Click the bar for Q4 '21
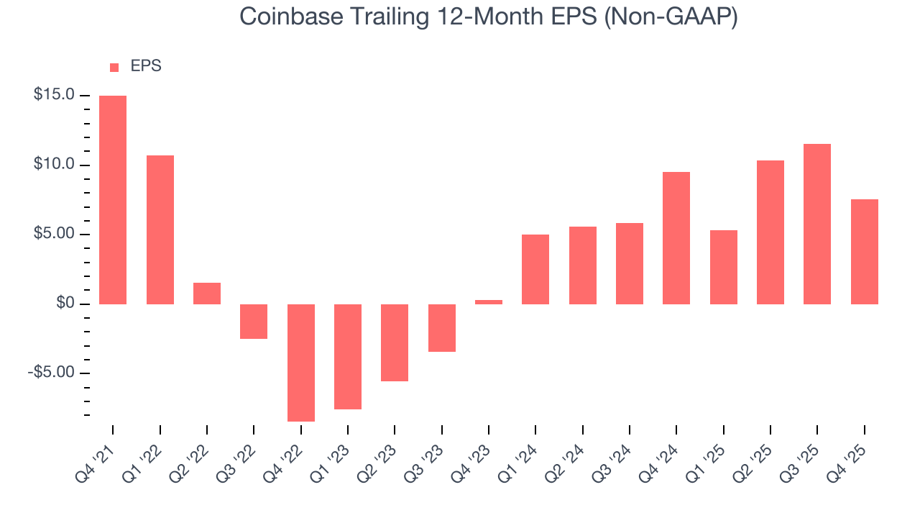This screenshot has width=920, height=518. [x=113, y=200]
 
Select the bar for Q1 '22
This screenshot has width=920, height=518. [x=160, y=230]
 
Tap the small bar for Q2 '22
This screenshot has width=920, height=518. [x=206, y=294]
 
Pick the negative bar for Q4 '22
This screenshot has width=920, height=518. [x=300, y=363]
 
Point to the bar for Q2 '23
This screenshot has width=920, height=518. [x=395, y=342]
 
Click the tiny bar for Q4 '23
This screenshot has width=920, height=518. [x=489, y=302]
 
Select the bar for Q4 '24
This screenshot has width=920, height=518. [x=676, y=238]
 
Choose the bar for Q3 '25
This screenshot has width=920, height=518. [x=817, y=224]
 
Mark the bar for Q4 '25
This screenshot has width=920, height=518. [x=864, y=252]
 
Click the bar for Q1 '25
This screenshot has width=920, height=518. [x=723, y=267]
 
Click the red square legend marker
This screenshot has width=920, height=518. [x=114, y=68]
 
